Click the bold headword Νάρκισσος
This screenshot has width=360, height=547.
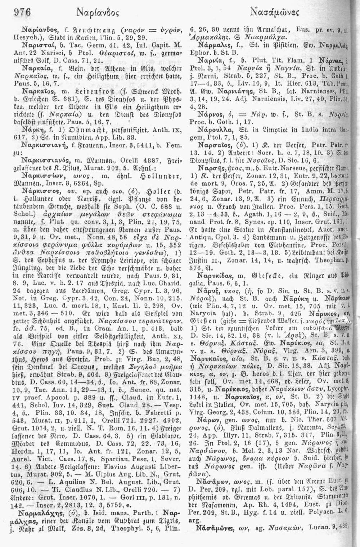click(37, 175)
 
